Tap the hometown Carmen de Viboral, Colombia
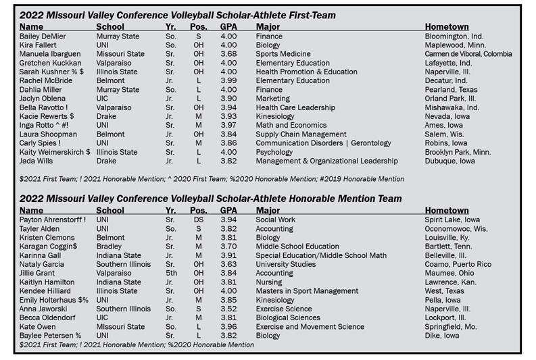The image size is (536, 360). (468, 54)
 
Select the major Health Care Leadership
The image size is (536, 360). (295, 107)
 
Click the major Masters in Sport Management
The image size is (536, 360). (307, 291)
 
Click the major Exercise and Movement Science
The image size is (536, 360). (310, 327)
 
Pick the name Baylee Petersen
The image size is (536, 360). (47, 336)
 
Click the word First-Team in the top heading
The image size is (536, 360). (308, 15)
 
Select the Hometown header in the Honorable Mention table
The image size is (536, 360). (447, 210)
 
